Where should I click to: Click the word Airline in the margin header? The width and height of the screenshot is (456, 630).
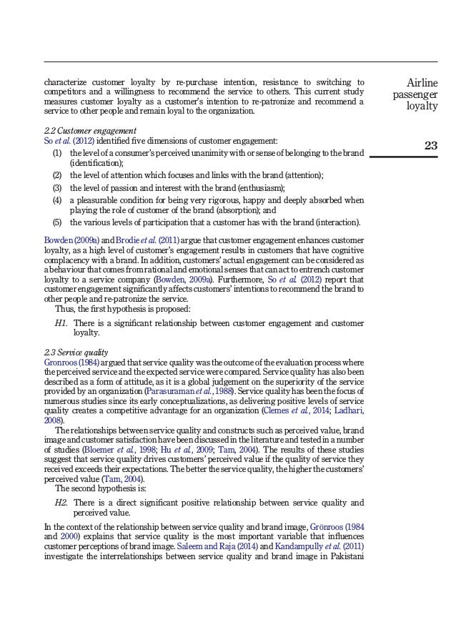coord(422,84)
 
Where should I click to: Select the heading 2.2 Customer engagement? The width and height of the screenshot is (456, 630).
coord(89,130)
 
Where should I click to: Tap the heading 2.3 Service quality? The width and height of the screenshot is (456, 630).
coord(76,352)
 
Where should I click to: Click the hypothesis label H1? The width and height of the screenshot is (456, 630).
coord(61,323)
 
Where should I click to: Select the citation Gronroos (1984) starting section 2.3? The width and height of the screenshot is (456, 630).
coord(71,363)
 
